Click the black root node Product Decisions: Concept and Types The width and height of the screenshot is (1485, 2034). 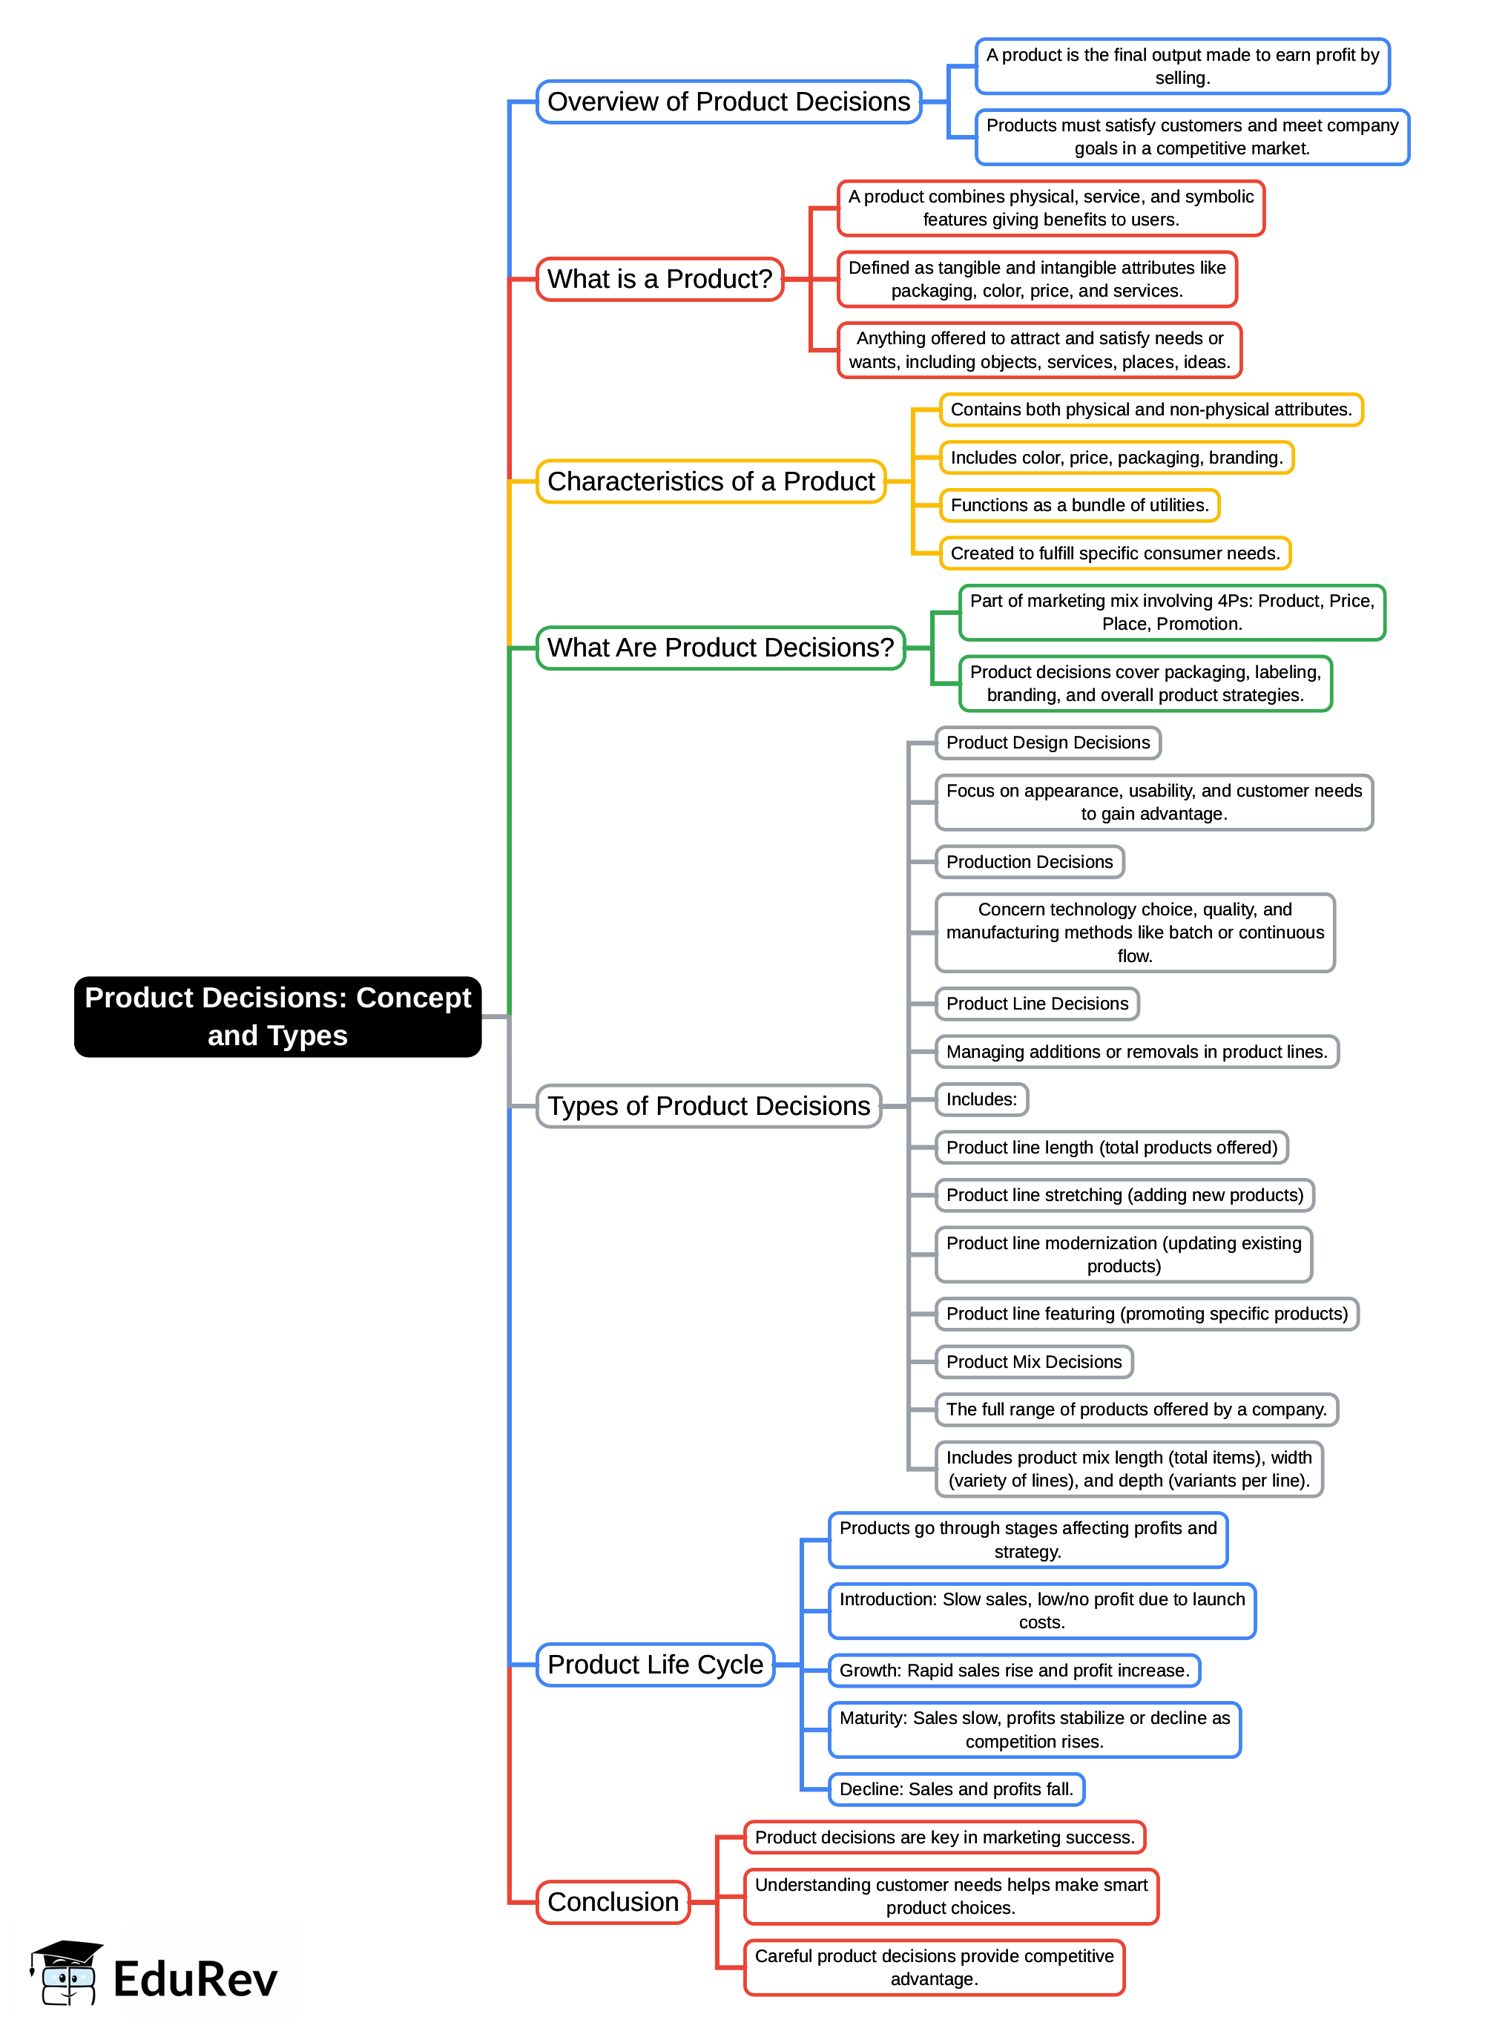pos(277,1016)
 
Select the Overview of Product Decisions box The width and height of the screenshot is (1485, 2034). pos(728,102)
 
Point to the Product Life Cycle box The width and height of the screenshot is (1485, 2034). pos(654,1665)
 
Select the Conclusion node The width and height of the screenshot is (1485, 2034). pos(613,1902)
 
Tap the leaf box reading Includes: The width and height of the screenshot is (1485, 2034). pos(981,1099)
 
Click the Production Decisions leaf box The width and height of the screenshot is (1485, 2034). pos(1030,862)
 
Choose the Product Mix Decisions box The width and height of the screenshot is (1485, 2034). pos(1034,1362)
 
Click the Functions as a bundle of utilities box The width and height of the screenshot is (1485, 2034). pos(1079,505)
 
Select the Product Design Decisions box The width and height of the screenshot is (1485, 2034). pos(1047,743)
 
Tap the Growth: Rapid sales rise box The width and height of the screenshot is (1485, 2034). pos(1014,1670)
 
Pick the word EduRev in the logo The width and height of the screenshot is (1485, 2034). pos(195,1979)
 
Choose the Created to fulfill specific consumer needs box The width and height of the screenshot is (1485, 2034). pos(1115,553)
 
